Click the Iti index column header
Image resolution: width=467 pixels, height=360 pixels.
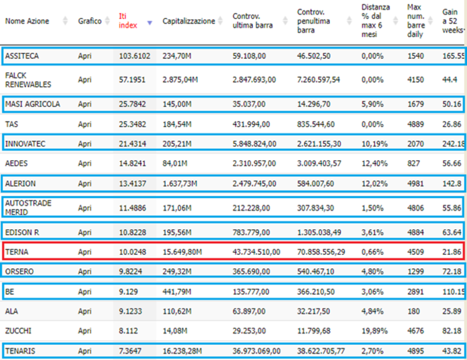pos(128,20)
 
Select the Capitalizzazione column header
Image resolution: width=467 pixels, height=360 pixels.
pos(189,21)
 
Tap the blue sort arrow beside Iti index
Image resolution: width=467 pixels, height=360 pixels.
pos(150,23)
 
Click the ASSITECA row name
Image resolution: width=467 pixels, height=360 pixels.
pos(22,56)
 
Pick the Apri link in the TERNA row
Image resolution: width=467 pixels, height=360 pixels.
pos(85,252)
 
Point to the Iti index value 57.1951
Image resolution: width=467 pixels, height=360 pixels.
pos(132,80)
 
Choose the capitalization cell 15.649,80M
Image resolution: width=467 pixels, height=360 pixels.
pos(182,252)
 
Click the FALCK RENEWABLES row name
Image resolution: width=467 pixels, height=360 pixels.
pos(28,80)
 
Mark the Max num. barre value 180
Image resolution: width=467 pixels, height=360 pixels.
pos(413,311)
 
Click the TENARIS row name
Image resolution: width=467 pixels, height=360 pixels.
pos(20,351)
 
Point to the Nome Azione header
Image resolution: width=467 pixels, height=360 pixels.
pos(27,21)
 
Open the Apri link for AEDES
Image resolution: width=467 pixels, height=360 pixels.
pos(85,163)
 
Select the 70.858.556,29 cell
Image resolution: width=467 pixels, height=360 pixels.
pos(320,252)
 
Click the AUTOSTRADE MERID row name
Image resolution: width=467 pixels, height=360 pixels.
pos(28,208)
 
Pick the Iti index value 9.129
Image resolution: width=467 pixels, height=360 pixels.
pos(128,292)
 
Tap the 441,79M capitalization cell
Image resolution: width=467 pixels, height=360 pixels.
pos(177,292)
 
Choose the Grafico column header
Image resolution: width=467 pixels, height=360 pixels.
pos(90,21)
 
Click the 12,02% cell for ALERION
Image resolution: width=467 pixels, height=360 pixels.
pos(374,183)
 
